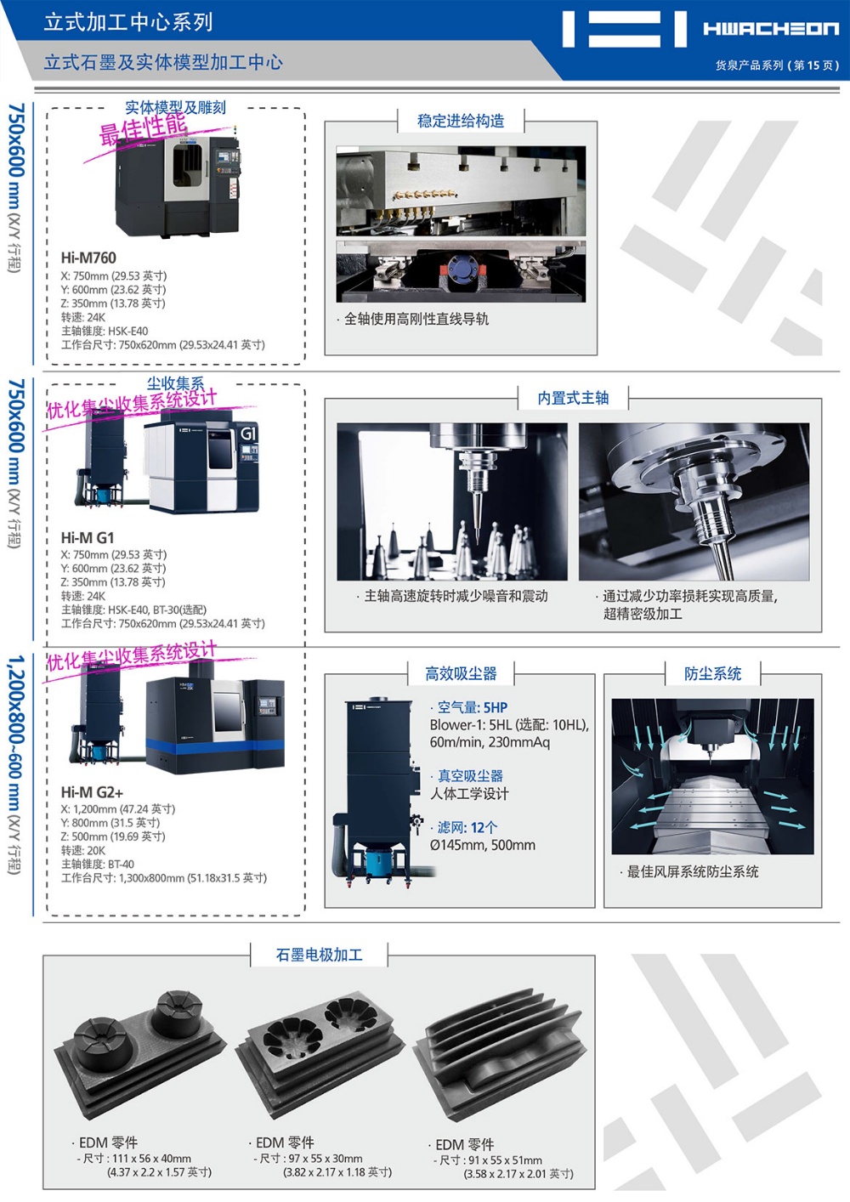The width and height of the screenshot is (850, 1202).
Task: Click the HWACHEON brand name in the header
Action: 771,28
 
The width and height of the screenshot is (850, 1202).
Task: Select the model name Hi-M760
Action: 88,258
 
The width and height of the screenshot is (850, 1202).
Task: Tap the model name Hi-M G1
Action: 87,537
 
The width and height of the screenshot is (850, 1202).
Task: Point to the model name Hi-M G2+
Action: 92,792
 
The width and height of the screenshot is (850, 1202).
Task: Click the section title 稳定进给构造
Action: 461,121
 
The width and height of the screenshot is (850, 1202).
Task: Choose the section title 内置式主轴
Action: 573,398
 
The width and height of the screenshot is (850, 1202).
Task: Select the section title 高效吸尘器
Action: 461,673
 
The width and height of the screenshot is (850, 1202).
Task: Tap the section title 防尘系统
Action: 712,673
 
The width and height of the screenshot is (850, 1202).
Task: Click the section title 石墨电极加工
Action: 319,955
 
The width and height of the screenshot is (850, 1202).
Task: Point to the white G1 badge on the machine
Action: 248,433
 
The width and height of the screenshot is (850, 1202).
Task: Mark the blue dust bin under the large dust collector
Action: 378,862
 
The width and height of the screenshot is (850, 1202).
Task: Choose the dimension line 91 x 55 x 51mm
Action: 487,1159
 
